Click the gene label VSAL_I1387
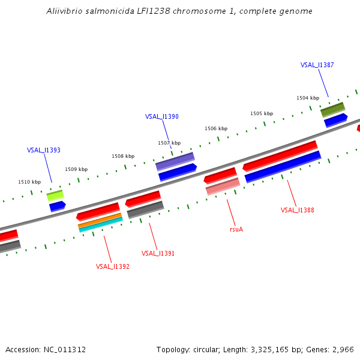coord(317,65)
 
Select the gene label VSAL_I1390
coord(162,116)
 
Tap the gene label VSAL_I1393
coord(44,150)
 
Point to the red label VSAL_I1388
coord(298,210)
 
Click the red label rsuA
coord(236,229)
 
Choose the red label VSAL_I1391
coord(158,253)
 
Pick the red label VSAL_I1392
coord(113,266)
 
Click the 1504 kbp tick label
coord(307,98)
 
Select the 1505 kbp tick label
coord(262,113)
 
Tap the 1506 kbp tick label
coord(216,128)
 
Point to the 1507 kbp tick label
coord(169,143)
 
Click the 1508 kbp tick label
coord(122,156)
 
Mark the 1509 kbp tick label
coord(76,169)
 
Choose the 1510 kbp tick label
coord(29,182)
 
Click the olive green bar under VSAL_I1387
coord(332,109)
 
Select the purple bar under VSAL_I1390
coord(175,161)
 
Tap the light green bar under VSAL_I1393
coord(55,195)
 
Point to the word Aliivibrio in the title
coord(65,11)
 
